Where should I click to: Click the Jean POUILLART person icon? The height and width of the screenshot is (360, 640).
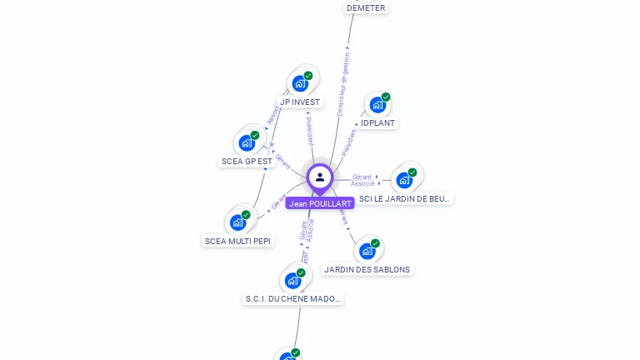[320, 177]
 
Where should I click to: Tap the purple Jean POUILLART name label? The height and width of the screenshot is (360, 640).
[320, 203]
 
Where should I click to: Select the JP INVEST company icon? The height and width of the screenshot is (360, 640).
[299, 83]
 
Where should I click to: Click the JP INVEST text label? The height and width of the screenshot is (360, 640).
[300, 102]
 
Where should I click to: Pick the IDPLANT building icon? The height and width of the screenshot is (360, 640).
[377, 105]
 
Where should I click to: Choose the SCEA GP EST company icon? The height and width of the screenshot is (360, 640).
[247, 142]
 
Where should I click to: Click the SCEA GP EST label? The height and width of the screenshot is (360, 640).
[247, 161]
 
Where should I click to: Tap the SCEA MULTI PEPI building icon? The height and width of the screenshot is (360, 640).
[237, 222]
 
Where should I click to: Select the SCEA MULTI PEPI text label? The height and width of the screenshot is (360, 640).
[237, 242]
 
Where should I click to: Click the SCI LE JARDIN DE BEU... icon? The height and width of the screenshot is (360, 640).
[404, 180]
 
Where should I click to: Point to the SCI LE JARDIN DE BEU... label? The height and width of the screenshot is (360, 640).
[405, 199]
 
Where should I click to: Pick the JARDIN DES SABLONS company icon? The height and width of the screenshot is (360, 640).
[367, 251]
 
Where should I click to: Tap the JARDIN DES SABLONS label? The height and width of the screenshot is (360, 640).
[367, 270]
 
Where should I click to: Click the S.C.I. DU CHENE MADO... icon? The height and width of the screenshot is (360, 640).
[292, 280]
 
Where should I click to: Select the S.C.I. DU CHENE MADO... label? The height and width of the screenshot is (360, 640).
[292, 299]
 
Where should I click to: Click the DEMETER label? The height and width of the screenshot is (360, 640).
[366, 7]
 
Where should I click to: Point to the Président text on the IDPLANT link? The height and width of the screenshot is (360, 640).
[349, 142]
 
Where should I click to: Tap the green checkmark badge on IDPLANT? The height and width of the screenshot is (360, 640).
[386, 97]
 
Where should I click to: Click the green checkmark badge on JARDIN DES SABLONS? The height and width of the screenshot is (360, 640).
[375, 243]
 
